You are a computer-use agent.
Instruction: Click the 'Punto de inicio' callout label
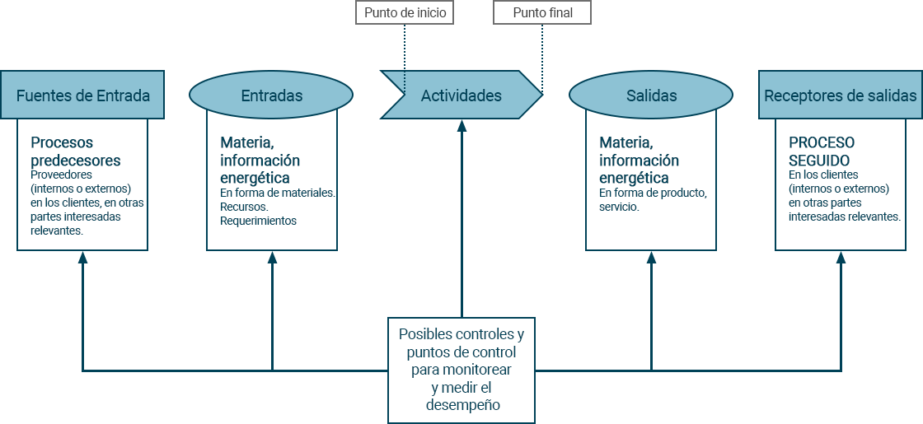[405, 13]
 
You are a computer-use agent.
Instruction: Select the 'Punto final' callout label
[542, 13]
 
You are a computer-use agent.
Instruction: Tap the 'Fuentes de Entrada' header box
[82, 96]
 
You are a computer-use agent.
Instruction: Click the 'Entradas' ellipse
[271, 96]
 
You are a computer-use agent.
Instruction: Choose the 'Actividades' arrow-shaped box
[461, 96]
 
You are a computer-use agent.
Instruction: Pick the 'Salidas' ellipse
[651, 96]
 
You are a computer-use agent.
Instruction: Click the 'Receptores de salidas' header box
[840, 96]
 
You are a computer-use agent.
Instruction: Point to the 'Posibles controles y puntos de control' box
[461, 370]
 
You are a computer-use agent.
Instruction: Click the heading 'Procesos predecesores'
[76, 151]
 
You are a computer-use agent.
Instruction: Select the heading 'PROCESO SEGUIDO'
[822, 151]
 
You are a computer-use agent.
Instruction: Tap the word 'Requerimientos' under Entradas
[258, 221]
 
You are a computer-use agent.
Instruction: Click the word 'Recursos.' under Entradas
[244, 207]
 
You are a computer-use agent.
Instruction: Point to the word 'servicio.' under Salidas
[619, 207]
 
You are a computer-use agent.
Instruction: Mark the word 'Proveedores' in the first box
[61, 175]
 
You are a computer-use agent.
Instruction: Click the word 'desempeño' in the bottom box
[462, 404]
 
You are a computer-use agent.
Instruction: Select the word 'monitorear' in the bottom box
[479, 370]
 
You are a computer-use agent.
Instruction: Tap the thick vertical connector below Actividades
[461, 214]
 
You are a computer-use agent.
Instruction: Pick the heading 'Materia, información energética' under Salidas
[639, 160]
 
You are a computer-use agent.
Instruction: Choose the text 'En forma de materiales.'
[277, 193]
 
